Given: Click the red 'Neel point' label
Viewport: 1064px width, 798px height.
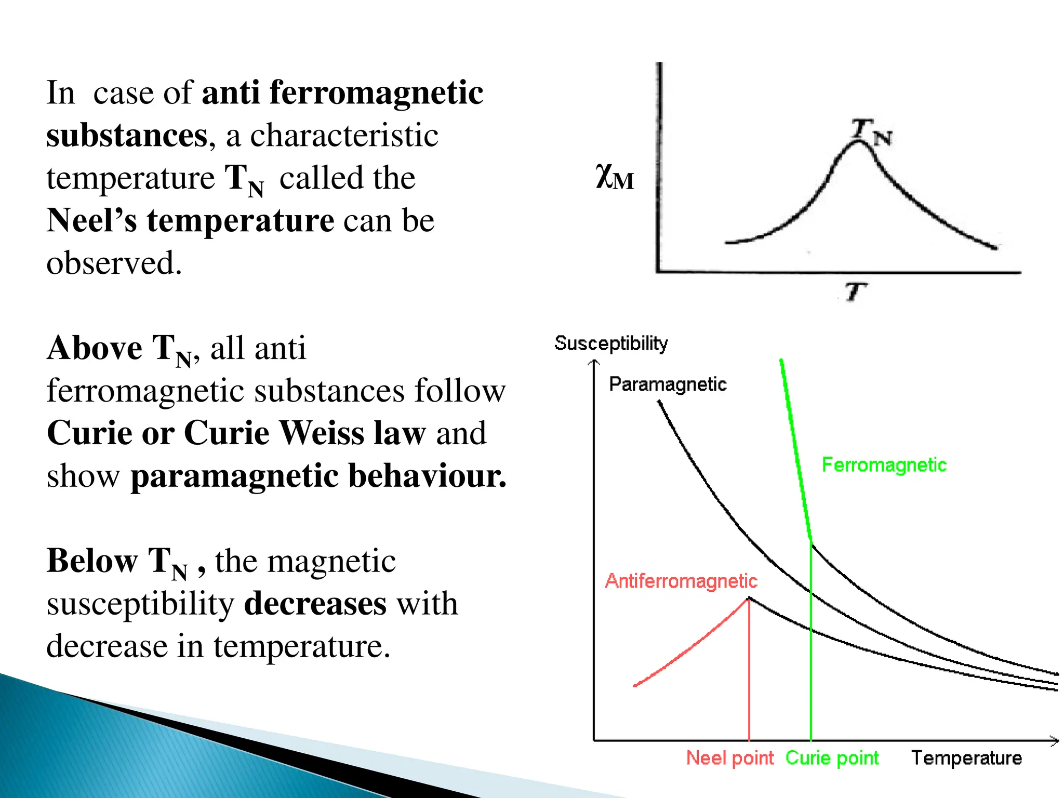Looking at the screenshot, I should pyautogui.click(x=729, y=758).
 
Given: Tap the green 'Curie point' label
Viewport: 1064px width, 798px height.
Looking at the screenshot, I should pyautogui.click(x=832, y=758).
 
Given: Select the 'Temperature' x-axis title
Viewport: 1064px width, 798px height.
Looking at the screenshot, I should pyautogui.click(x=966, y=758).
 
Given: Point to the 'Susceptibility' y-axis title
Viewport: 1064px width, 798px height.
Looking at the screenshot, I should pyautogui.click(x=610, y=343).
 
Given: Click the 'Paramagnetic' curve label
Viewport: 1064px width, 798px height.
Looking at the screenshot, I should pyautogui.click(x=668, y=384).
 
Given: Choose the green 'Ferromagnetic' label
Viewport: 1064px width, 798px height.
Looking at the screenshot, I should pyautogui.click(x=884, y=465).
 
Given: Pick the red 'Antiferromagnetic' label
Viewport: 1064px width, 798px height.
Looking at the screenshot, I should pyautogui.click(x=681, y=581).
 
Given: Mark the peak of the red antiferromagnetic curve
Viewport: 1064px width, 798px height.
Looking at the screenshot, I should pyautogui.click(x=749, y=598).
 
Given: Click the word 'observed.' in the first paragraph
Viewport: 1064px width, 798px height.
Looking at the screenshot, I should pyautogui.click(x=114, y=263).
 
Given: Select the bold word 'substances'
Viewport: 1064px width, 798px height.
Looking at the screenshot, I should pyautogui.click(x=127, y=135).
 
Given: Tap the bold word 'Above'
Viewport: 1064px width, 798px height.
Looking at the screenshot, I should pyautogui.click(x=95, y=348).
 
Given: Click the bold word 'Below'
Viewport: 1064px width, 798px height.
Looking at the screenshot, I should pyautogui.click(x=92, y=561).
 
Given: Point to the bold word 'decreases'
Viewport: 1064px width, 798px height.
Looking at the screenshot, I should pyautogui.click(x=315, y=604).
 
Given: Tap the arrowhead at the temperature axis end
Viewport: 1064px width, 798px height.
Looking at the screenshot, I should pyautogui.click(x=1055, y=741).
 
